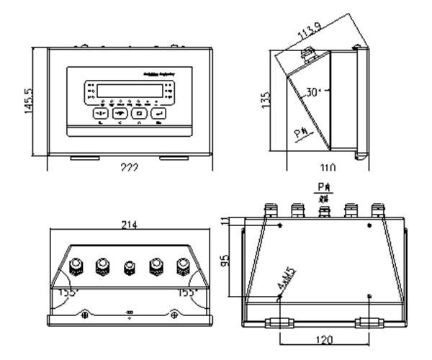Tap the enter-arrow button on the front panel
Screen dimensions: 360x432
(x=158, y=113)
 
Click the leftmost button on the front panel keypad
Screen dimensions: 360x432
(x=100, y=113)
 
